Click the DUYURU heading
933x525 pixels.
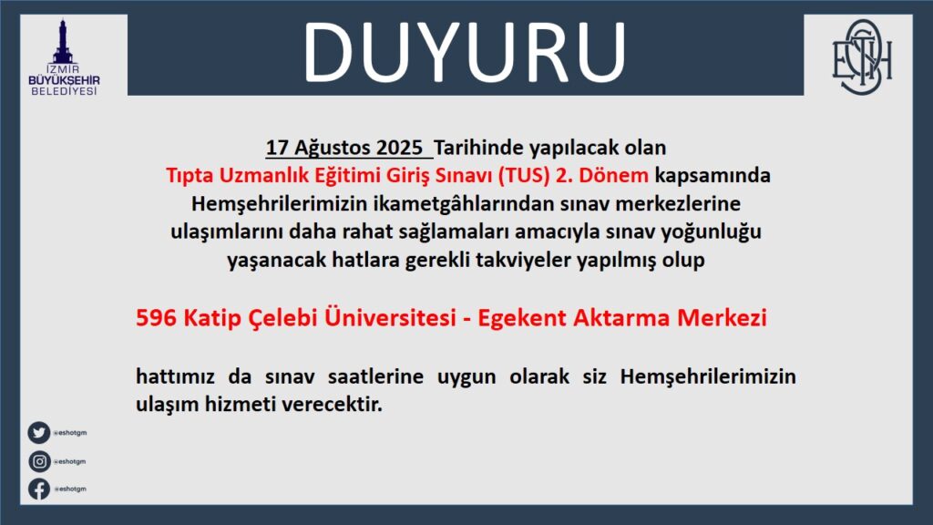tap(464, 52)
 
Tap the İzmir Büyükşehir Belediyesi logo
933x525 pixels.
tap(64, 57)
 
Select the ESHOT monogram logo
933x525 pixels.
tap(862, 57)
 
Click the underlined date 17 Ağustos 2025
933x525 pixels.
tap(343, 148)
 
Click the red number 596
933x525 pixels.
tap(156, 318)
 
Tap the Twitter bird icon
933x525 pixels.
tap(38, 433)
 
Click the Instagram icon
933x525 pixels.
tap(39, 461)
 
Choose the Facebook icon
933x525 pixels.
tap(39, 489)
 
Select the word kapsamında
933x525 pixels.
tap(713, 176)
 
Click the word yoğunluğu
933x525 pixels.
tap(711, 232)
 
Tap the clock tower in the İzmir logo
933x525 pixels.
tap(63, 42)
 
